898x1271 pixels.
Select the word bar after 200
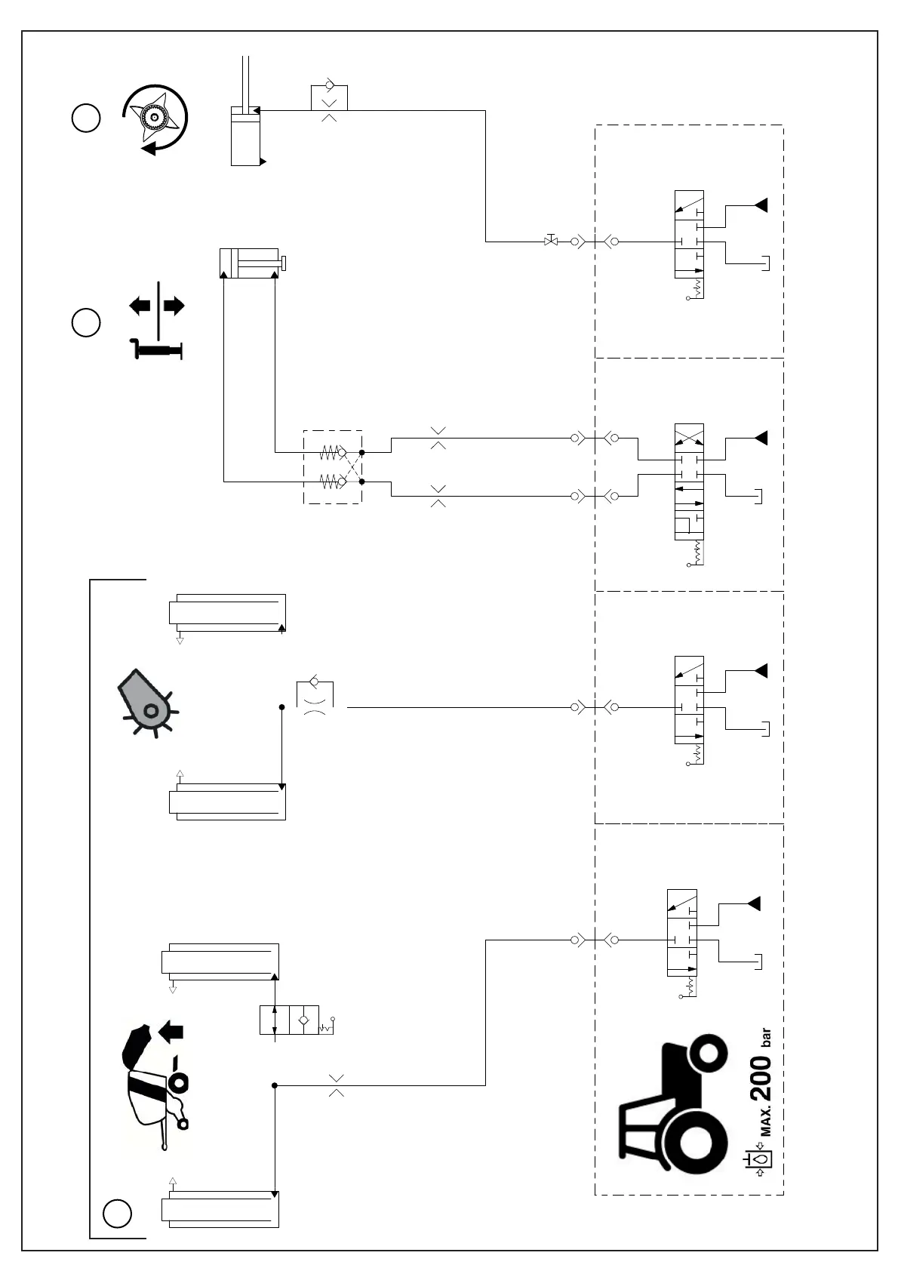pos(766,1039)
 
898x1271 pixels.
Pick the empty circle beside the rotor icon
pos(86,118)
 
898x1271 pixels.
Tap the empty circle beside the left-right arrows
pos(86,322)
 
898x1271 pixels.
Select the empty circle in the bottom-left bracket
pos(117,1213)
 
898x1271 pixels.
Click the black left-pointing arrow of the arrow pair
pos(140,306)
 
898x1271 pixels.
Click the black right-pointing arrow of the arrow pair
pos(174,306)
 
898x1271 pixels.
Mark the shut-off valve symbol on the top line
pos(551,242)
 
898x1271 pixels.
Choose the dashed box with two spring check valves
pos(333,467)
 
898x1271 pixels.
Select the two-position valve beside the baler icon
pos(290,1020)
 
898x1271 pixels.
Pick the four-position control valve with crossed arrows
pos(689,482)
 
